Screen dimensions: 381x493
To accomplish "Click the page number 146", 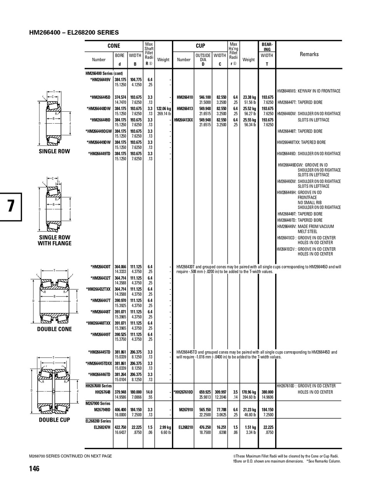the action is tap(34, 469).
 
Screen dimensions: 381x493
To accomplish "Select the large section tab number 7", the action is tap(11, 206).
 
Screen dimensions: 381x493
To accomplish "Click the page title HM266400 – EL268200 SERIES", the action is tap(74, 33).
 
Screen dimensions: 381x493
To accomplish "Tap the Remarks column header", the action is tap(309, 54).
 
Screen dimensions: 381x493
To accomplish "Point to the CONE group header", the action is tap(114, 46).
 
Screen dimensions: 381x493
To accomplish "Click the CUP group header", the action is tap(201, 46).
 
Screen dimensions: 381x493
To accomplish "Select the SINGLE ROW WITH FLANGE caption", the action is tap(55, 240).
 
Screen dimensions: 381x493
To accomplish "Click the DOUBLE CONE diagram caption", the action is tap(55, 329).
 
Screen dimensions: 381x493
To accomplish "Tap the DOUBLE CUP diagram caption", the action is tap(55, 420).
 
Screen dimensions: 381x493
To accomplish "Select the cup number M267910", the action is tap(186, 410).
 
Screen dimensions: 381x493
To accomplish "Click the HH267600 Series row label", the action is tap(99, 386).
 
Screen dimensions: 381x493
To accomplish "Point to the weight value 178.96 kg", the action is tap(249, 392).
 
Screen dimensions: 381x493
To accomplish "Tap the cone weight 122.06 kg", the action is tap(164, 109).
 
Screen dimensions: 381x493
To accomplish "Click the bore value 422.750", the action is tap(120, 427).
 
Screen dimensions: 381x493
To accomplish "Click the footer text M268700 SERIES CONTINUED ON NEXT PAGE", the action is tap(70, 456).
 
